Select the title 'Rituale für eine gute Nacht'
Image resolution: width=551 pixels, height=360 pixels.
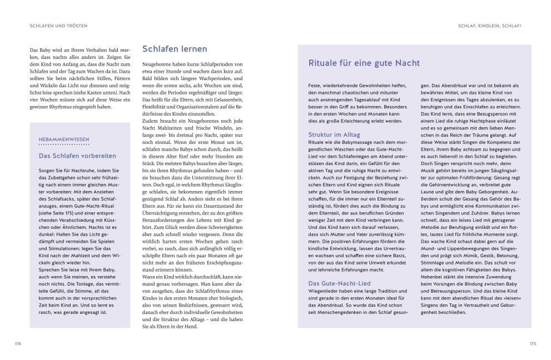tap(364, 63)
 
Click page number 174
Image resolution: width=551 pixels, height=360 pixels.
tap(18, 344)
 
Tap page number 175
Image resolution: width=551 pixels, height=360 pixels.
tap(533, 344)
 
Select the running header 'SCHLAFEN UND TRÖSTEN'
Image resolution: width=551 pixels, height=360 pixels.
tap(59, 26)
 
